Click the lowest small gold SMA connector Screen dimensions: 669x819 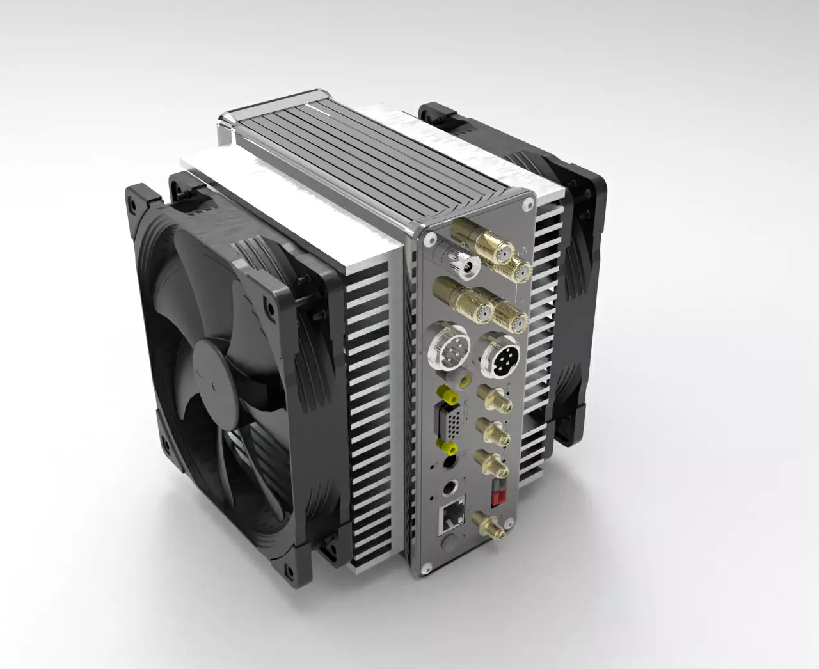490,526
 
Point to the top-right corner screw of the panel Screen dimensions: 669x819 527,205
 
